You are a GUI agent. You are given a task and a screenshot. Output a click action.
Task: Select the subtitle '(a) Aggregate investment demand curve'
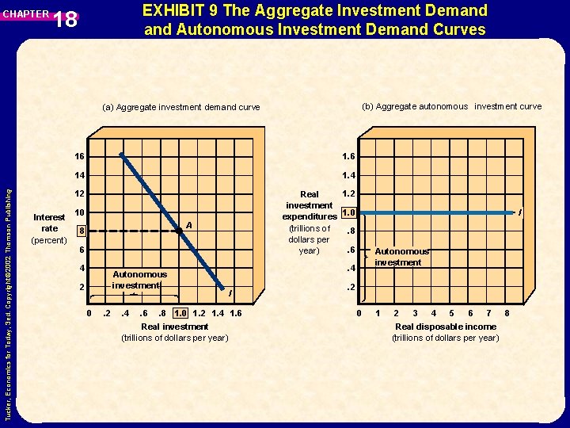(181, 107)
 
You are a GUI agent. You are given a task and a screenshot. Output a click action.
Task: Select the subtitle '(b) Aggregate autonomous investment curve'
(451, 106)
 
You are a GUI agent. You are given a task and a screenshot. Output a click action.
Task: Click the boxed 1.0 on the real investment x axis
(180, 312)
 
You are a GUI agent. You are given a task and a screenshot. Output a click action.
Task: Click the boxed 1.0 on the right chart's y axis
(348, 212)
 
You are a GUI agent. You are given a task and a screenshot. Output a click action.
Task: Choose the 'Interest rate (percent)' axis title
(49, 228)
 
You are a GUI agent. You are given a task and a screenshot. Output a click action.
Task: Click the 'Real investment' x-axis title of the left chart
(174, 327)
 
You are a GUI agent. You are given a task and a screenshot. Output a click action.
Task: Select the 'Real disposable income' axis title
(446, 327)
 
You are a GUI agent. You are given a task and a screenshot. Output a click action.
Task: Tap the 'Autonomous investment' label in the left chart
(139, 280)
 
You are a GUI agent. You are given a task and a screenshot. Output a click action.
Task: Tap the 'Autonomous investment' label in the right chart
(401, 257)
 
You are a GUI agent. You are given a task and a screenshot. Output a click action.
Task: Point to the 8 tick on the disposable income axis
(507, 313)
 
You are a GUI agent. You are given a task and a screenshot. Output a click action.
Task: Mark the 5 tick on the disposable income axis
(451, 313)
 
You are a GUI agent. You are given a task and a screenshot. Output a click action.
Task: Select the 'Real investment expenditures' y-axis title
(310, 222)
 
